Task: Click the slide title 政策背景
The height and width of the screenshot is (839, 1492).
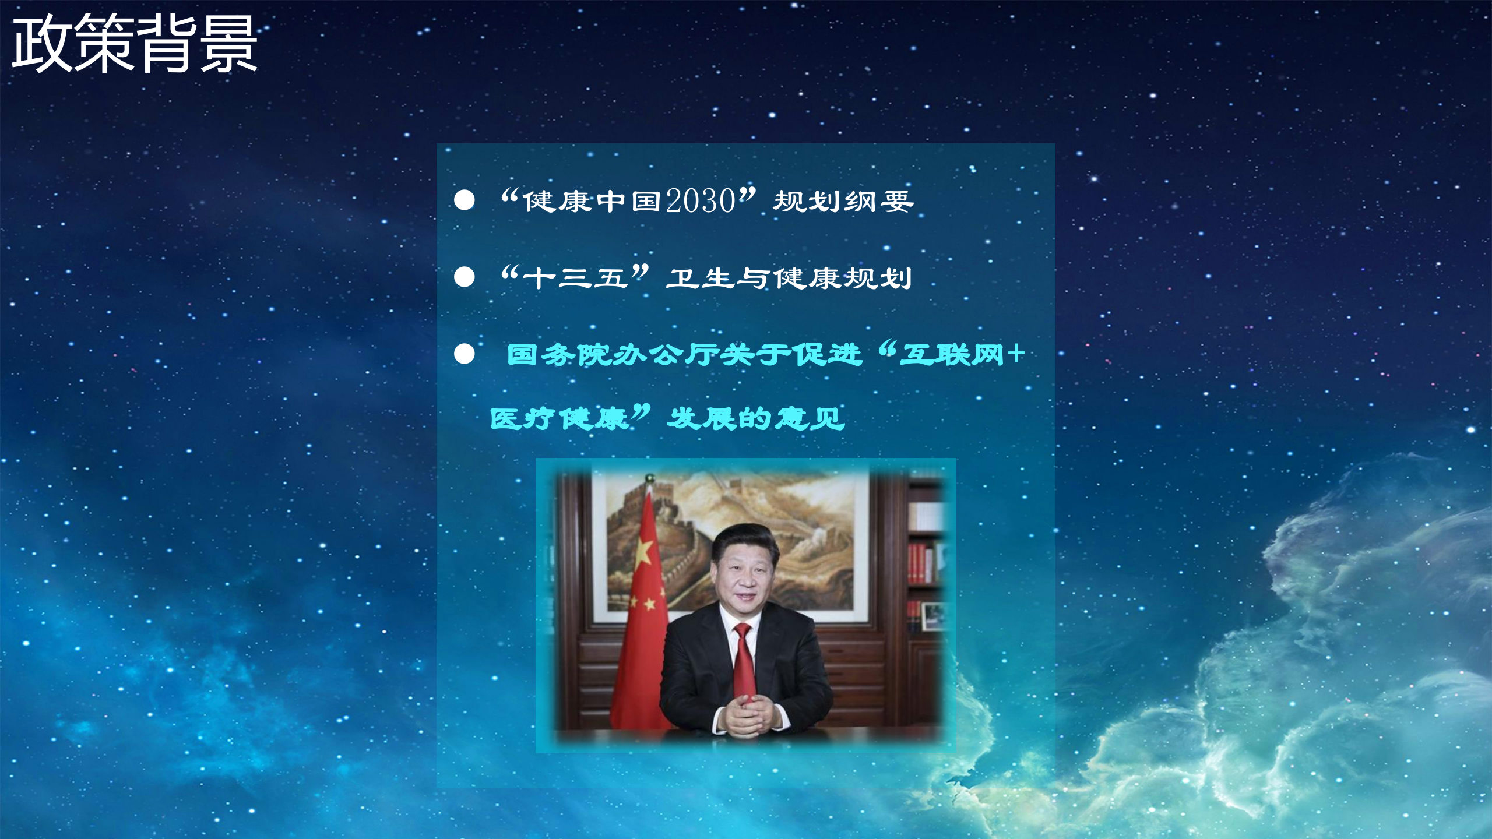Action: [x=135, y=44]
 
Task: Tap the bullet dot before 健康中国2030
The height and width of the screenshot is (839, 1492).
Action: [x=465, y=200]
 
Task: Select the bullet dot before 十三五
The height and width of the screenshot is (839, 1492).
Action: [x=465, y=277]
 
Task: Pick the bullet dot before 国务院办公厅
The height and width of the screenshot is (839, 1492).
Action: [x=465, y=354]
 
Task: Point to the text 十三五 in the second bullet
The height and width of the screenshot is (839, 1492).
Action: [x=575, y=278]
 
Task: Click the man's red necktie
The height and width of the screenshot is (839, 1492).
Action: [x=744, y=658]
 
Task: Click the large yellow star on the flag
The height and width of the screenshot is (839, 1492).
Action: [x=642, y=551]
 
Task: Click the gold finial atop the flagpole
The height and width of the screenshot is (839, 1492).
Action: [x=649, y=479]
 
